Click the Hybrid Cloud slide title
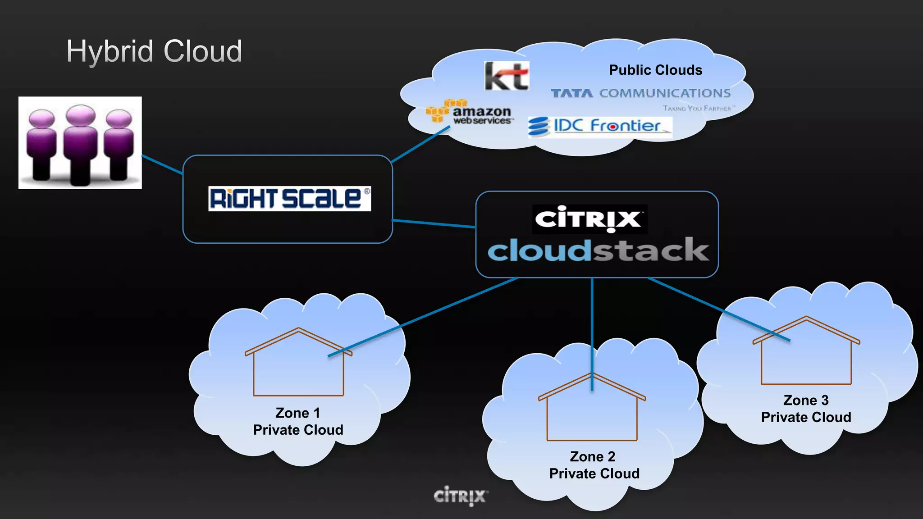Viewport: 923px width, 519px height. coord(154,51)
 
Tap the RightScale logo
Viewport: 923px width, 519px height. coord(289,199)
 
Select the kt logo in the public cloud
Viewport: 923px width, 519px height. coord(507,76)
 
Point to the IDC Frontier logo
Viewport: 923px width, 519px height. coord(599,126)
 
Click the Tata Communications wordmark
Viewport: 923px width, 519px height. coord(640,93)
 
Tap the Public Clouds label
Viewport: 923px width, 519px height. coord(655,70)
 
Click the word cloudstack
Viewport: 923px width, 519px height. coord(598,250)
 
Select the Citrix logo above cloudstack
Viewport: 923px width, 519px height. coord(589,219)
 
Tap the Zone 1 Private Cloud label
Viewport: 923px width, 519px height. coord(298,421)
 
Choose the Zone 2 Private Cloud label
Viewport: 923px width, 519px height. coord(594,465)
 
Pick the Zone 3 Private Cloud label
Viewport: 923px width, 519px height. coord(806,409)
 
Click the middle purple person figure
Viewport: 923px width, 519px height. coord(80,144)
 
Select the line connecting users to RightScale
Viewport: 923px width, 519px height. coord(162,164)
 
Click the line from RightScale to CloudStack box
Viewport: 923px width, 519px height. coord(434,223)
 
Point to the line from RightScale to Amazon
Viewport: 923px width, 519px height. coord(420,144)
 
